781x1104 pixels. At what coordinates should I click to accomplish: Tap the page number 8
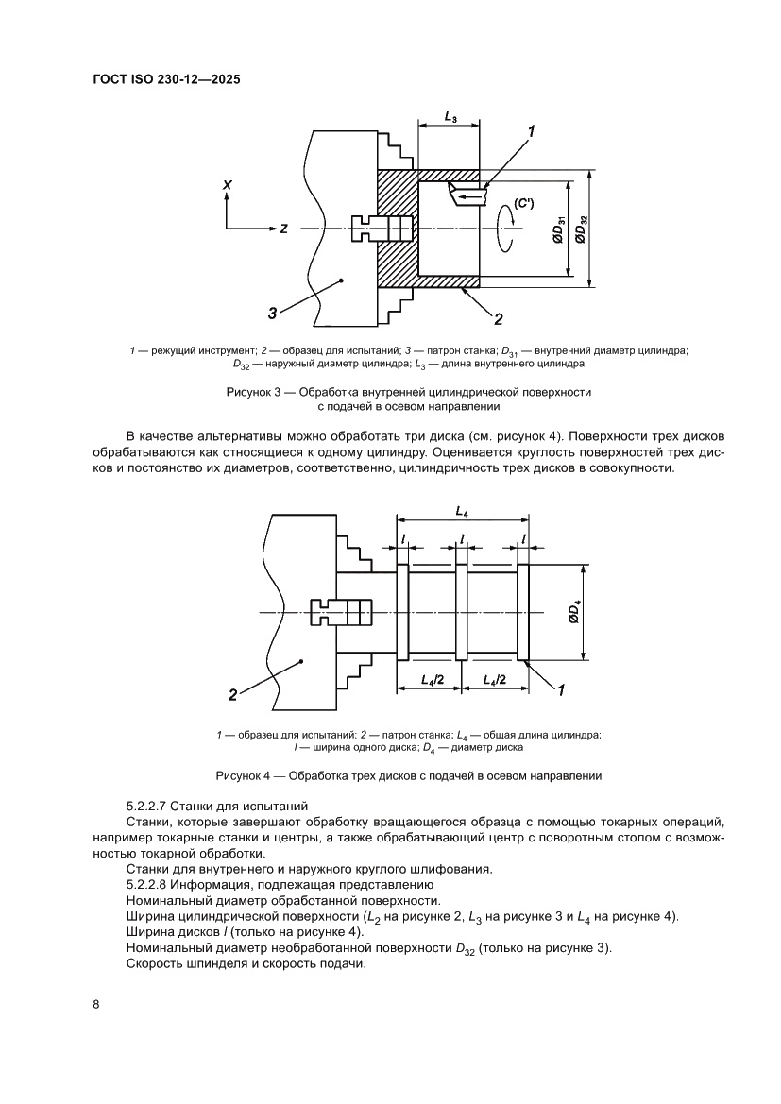96,1004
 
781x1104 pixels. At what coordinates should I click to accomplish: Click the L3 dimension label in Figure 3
450,119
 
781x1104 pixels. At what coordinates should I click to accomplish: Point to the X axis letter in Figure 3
227,187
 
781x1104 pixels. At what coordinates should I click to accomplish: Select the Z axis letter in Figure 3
282,229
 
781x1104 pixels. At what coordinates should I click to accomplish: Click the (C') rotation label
524,202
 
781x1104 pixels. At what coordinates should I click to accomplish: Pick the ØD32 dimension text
583,229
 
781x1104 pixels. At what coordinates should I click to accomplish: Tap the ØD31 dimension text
559,229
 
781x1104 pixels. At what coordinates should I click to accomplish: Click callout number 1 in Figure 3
533,132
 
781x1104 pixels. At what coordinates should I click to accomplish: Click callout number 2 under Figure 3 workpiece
498,317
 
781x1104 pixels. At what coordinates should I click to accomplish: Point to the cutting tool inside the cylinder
467,194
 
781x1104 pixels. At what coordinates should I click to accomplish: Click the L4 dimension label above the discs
461,511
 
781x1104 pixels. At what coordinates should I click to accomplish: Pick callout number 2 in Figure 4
231,696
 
